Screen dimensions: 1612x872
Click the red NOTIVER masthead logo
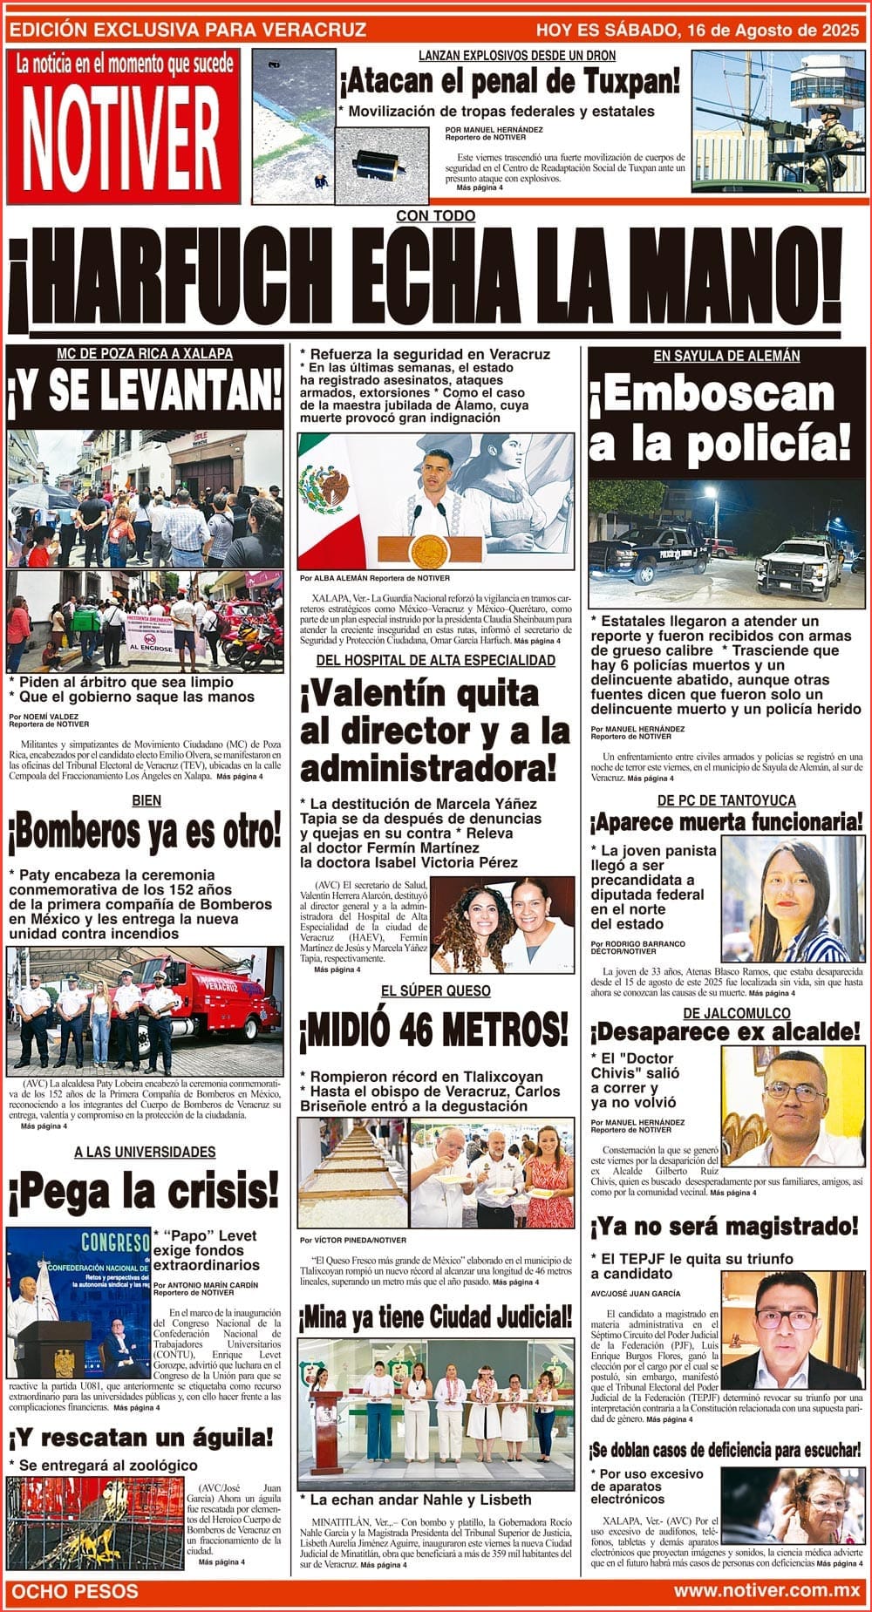[122, 127]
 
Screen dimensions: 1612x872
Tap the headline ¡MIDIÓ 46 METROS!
[433, 1030]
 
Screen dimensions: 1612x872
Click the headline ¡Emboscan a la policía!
[720, 420]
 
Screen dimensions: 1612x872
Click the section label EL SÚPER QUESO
[435, 991]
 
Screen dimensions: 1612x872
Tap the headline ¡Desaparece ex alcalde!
[726, 1032]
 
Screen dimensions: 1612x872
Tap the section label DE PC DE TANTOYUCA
[726, 800]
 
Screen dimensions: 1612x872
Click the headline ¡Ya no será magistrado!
[725, 1228]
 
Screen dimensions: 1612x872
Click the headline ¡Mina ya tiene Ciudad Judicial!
[436, 1317]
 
